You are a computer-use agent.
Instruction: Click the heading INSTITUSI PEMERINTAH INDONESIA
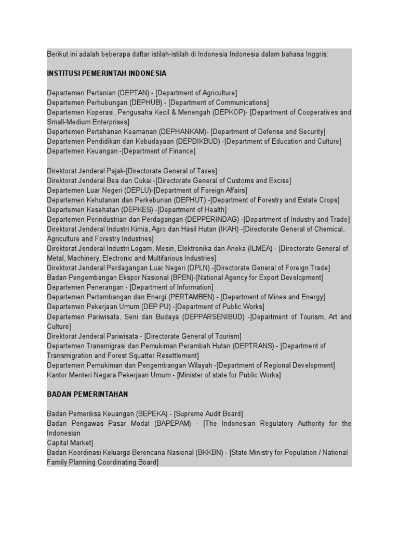tap(107, 73)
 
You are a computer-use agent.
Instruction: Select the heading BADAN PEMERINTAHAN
tap(87, 394)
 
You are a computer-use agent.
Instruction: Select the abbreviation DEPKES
tap(137, 210)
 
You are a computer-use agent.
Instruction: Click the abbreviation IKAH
tap(229, 229)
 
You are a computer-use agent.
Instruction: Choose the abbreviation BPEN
tap(180, 278)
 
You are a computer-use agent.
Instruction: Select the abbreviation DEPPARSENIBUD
tap(217, 316)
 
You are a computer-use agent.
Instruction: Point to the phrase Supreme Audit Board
tap(208, 414)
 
